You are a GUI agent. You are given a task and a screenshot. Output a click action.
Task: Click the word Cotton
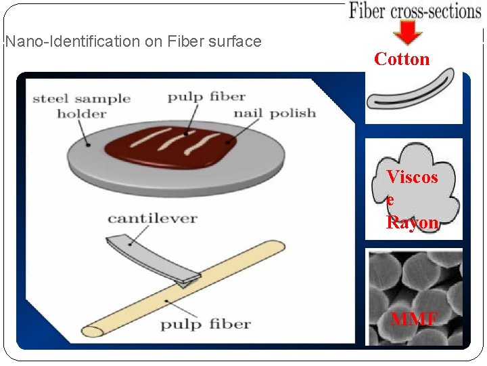pos(402,60)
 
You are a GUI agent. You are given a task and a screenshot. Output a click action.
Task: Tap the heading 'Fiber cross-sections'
pos(415,11)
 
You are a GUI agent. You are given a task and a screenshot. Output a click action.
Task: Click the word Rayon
pos(412,222)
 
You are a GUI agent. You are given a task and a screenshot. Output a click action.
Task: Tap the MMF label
pos(413,319)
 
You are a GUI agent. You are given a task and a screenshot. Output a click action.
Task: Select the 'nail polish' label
pos(275,113)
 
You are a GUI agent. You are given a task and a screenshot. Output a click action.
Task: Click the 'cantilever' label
pos(152,218)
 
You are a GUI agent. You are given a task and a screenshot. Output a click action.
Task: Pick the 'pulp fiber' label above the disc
pos(206,97)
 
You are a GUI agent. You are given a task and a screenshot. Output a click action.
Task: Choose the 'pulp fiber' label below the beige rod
pos(205,323)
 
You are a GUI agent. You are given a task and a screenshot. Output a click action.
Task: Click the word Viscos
pos(412,178)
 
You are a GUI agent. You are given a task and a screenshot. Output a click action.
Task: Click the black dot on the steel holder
pos(87,144)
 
